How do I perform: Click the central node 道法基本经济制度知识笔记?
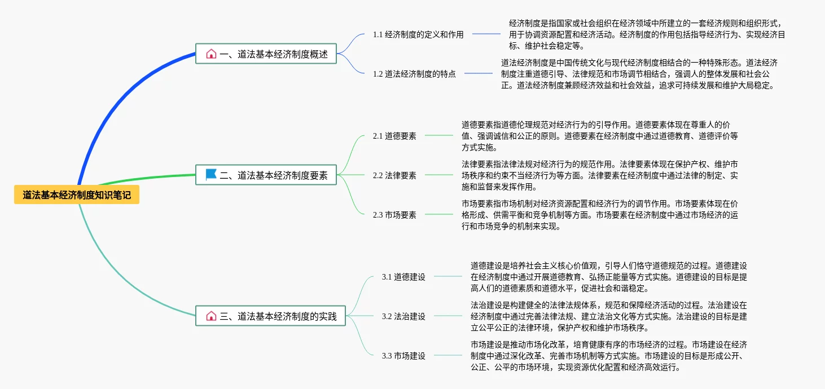77,195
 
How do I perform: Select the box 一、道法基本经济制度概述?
266,54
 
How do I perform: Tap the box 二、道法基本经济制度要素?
266,175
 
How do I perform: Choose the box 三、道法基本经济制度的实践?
266,316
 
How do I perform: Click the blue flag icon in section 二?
211,175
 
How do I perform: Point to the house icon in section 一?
211,54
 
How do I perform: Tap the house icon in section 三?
211,316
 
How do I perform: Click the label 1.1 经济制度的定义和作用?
418,34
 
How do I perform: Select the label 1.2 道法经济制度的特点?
414,73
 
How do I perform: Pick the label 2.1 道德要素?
394,136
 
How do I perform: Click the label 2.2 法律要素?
394,175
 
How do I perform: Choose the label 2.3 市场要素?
394,214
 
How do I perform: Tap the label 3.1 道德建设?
403,277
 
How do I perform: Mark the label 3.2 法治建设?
403,316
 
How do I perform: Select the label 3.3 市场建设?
403,356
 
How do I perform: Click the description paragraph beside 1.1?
646,34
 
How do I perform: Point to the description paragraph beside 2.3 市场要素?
599,215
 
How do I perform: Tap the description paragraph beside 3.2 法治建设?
608,316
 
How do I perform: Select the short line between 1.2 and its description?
479,73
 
